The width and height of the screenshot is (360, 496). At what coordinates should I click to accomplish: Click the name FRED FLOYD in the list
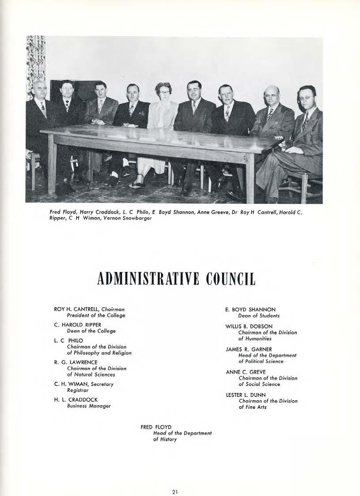(153, 427)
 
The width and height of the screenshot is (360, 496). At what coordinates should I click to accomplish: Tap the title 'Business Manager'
(88, 406)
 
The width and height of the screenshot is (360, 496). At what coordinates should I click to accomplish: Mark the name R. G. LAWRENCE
(76, 362)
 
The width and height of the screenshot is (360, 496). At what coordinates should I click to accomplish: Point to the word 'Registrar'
(78, 390)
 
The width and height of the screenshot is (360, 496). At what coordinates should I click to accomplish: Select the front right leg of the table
(250, 177)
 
